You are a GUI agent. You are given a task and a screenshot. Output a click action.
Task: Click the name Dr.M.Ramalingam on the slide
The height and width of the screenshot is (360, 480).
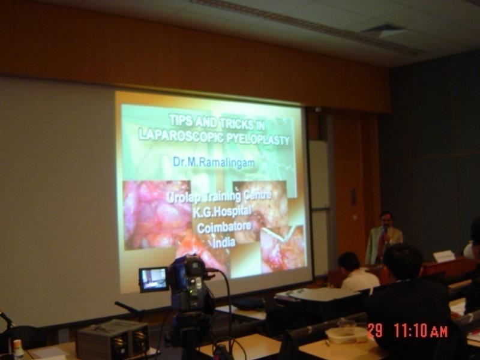pyautogui.click(x=214, y=162)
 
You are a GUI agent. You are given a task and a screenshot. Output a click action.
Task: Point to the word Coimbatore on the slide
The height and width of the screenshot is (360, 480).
pyautogui.click(x=224, y=227)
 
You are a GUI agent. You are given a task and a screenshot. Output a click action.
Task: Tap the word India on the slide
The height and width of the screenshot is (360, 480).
pyautogui.click(x=224, y=242)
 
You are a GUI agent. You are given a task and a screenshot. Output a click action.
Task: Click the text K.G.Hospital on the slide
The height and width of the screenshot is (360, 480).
pyautogui.click(x=221, y=212)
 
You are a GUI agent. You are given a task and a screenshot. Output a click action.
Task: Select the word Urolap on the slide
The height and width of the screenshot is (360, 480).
pyautogui.click(x=183, y=197)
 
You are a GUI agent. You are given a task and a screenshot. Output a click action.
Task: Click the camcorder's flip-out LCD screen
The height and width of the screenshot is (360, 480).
pyautogui.click(x=154, y=279)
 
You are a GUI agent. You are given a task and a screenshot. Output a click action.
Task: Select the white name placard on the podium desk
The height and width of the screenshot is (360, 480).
pyautogui.click(x=444, y=256)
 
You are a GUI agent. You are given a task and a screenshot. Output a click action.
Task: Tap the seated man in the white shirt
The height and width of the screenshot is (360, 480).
pyautogui.click(x=358, y=272)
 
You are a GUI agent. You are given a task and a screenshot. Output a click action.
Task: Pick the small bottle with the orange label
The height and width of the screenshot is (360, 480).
pyautogui.click(x=19, y=349)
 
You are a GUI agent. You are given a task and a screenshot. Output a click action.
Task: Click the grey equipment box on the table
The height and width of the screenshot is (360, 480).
pyautogui.click(x=113, y=340)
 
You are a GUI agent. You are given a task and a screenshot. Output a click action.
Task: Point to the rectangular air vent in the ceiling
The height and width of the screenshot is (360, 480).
pyautogui.click(x=383, y=31)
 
